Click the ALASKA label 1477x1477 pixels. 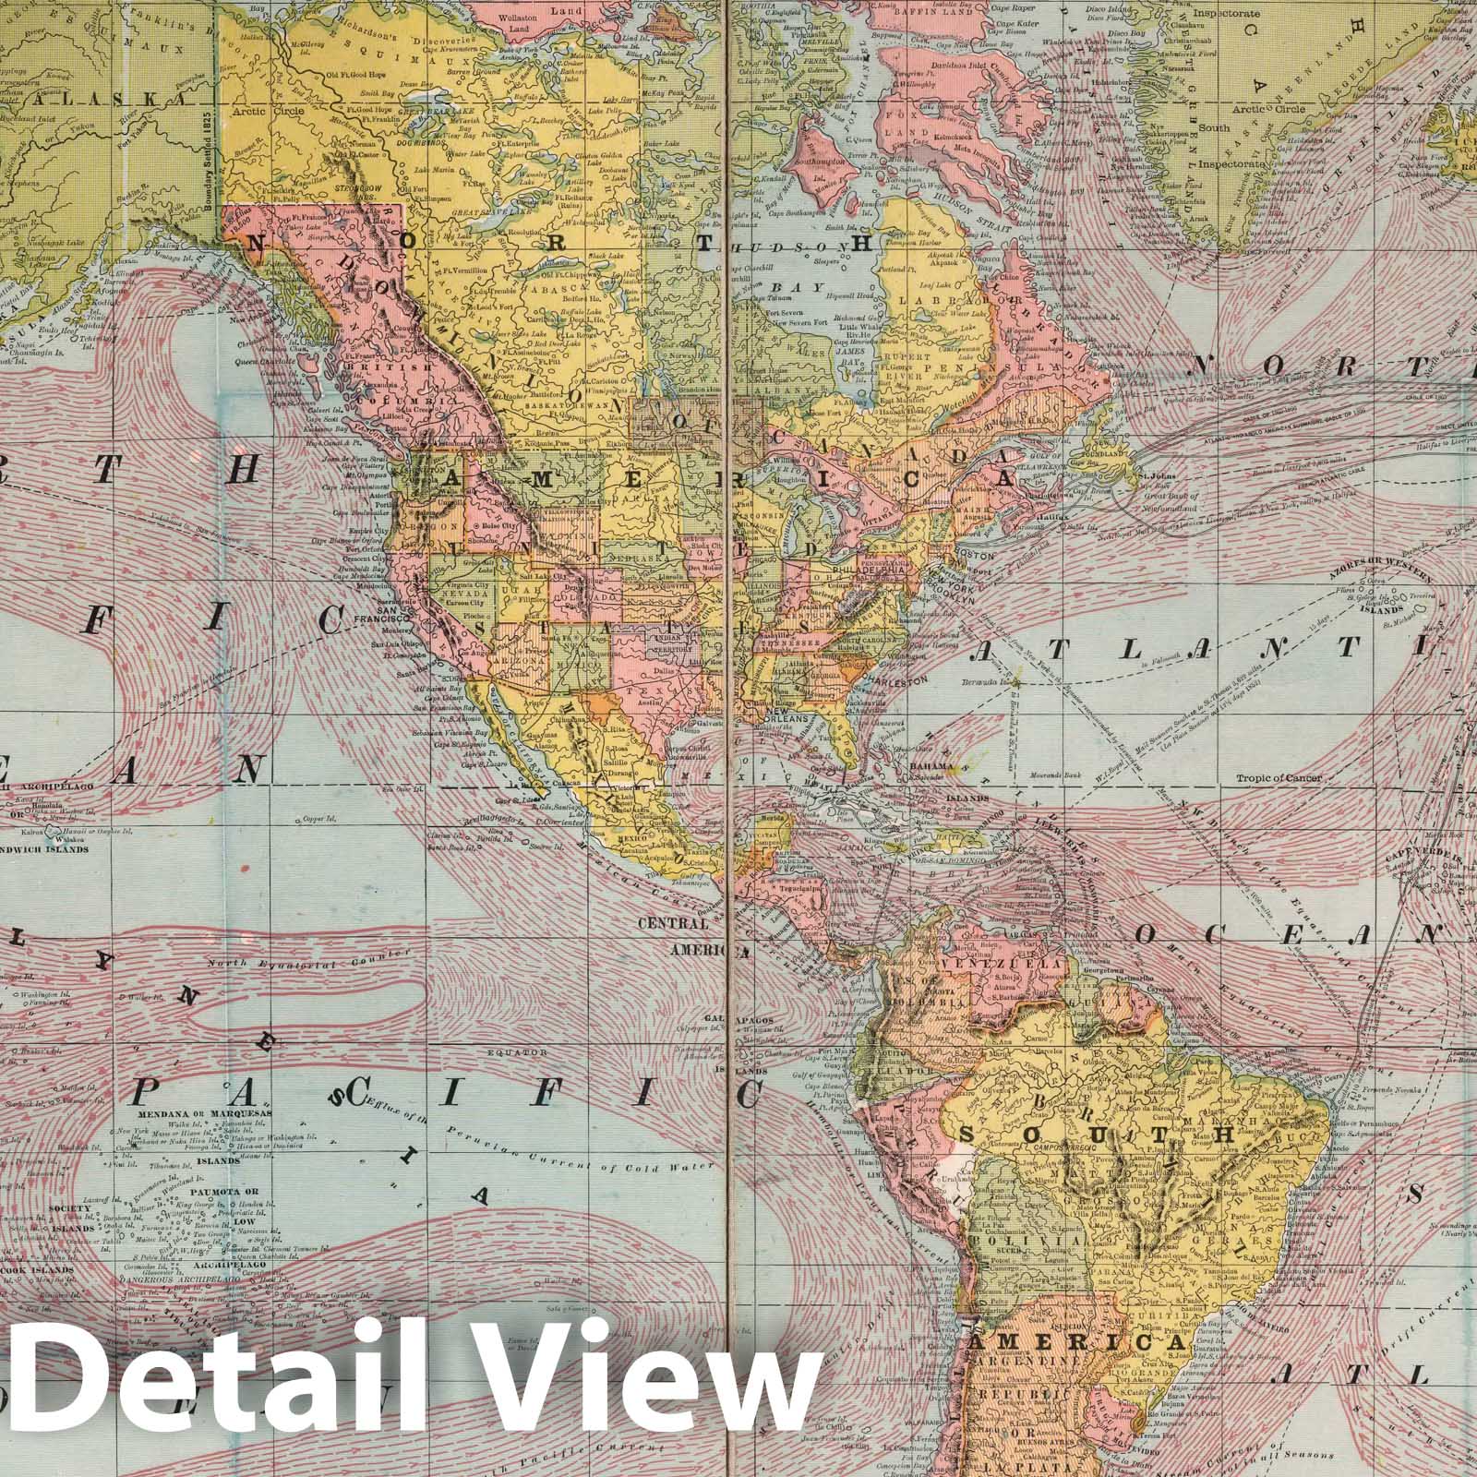coord(101,101)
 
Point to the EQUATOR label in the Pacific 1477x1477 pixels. coord(522,1051)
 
